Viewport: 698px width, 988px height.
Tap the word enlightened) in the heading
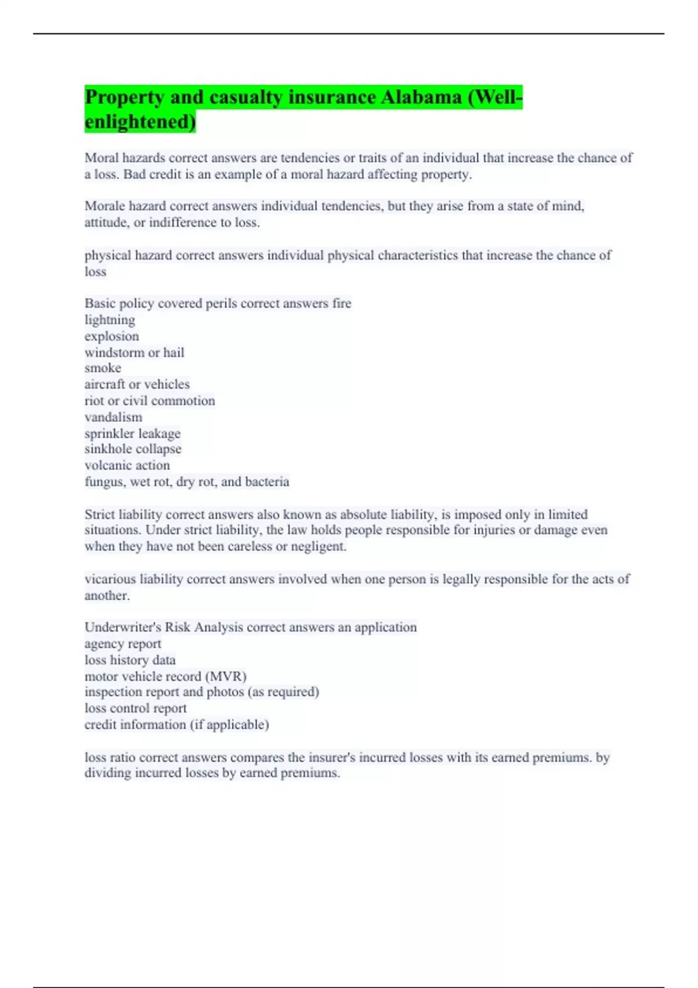[x=140, y=121]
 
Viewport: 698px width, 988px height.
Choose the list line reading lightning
[x=109, y=320]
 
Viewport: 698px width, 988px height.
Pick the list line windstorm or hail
[x=134, y=352]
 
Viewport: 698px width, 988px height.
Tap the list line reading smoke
[x=103, y=368]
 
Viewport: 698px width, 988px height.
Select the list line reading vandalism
[x=113, y=417]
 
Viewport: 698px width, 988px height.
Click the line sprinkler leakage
[x=133, y=433]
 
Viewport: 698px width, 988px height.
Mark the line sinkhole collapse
[x=133, y=449]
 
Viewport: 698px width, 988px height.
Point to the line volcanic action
[x=127, y=465]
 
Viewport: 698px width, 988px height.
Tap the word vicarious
[x=109, y=579]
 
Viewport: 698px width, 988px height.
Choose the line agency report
[x=123, y=643]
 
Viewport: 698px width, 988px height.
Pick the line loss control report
[x=136, y=708]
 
